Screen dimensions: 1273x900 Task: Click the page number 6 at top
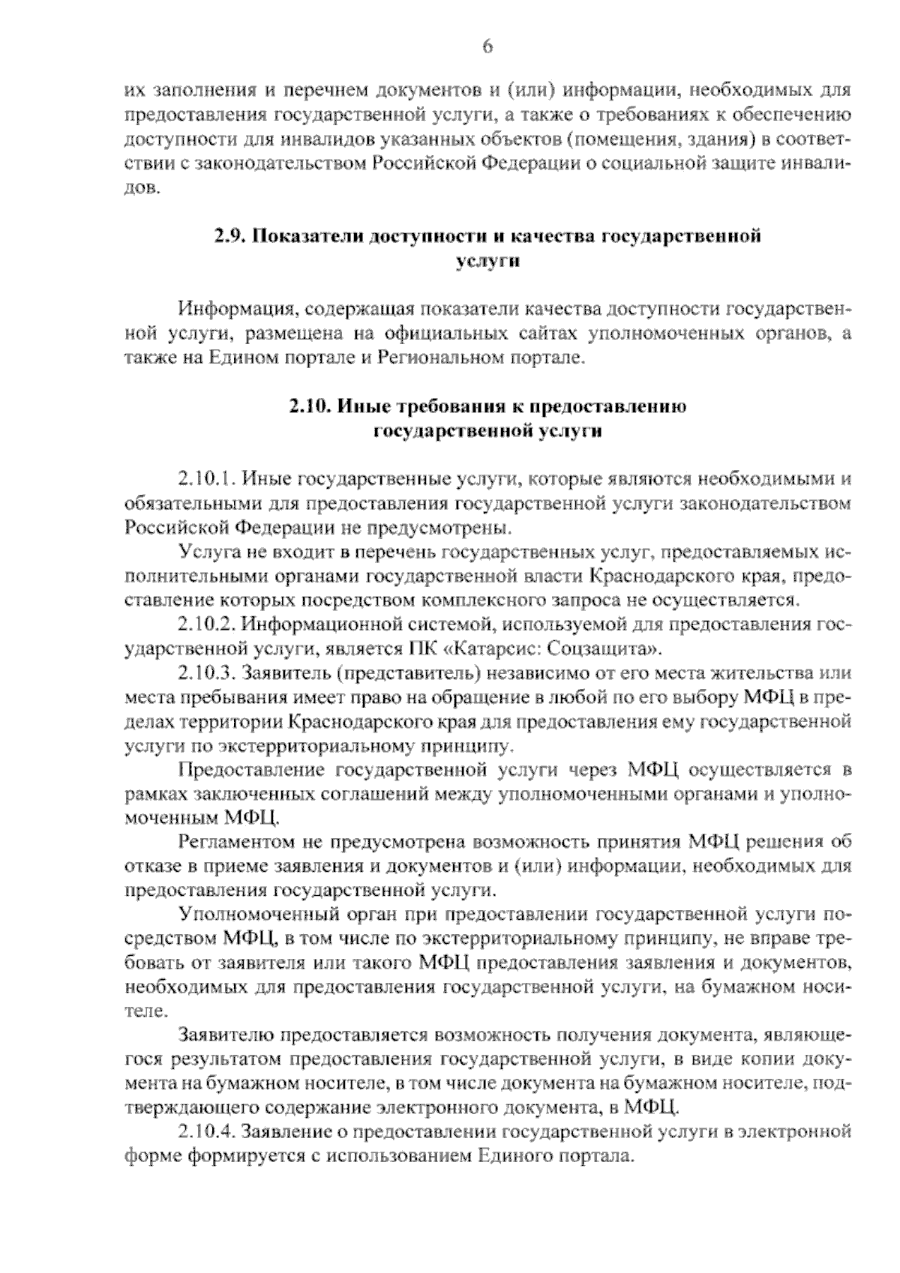click(487, 46)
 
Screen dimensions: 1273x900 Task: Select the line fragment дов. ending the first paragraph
click(141, 188)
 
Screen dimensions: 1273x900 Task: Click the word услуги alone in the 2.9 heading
click(487, 261)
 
